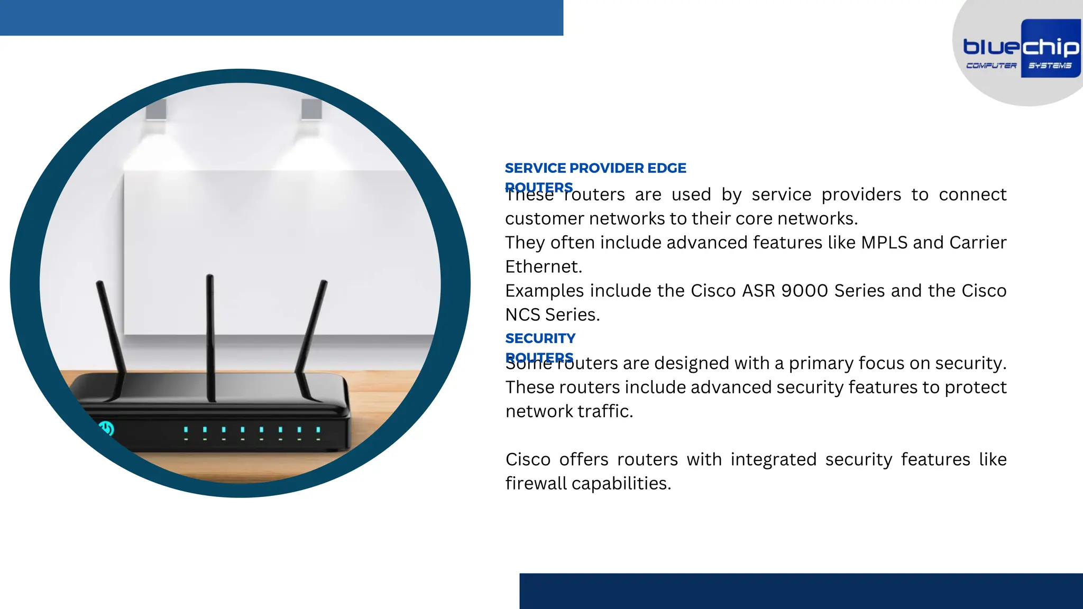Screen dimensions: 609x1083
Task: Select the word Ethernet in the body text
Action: (543, 267)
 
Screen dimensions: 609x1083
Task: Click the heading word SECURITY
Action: (540, 338)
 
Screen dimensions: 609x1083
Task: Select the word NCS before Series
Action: (522, 315)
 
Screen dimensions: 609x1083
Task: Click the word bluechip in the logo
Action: (1021, 48)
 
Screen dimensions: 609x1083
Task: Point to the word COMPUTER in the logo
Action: (991, 66)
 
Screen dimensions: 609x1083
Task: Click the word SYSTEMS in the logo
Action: (1050, 66)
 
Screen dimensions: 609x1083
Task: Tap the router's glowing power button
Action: (106, 428)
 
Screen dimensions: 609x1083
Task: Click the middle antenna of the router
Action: (210, 338)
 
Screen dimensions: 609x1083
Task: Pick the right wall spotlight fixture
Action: (311, 109)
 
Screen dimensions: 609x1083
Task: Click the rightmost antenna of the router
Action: (312, 338)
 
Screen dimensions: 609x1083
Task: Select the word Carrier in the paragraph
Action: (978, 243)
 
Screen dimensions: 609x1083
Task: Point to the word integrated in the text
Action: (773, 459)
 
